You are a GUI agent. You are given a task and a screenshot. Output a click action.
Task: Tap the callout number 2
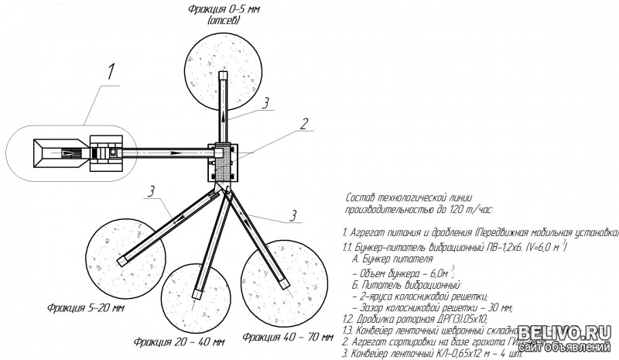coord(306,123)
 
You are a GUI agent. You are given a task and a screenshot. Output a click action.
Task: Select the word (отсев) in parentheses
coord(223,21)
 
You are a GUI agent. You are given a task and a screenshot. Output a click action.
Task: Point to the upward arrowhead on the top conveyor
coord(224,115)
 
